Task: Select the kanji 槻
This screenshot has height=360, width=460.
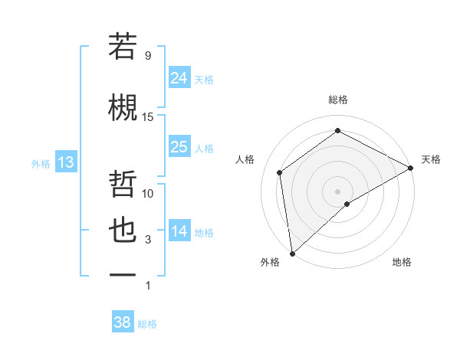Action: [x=123, y=106]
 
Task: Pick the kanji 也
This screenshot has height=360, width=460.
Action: [x=123, y=231]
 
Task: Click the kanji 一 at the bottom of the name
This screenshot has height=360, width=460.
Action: [x=123, y=275]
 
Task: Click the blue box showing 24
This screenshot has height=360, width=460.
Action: [x=179, y=77]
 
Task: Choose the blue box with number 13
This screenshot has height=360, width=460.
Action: [x=65, y=162]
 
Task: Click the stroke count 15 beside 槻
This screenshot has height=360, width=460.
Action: [x=148, y=116]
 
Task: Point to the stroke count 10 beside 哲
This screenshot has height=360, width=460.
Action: [x=148, y=193]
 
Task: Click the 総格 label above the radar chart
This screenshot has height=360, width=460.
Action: [x=337, y=100]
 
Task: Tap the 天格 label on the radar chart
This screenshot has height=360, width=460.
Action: [x=431, y=159]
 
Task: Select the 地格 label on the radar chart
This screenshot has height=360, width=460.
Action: [x=402, y=262]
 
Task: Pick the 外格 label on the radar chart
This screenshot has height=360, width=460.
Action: [x=270, y=262]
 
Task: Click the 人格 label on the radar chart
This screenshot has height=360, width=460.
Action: [x=245, y=159]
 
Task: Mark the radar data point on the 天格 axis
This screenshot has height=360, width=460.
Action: [x=411, y=167]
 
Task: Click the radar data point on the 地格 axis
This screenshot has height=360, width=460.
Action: [x=347, y=204]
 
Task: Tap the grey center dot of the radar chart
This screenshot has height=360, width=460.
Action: [x=337, y=190]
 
